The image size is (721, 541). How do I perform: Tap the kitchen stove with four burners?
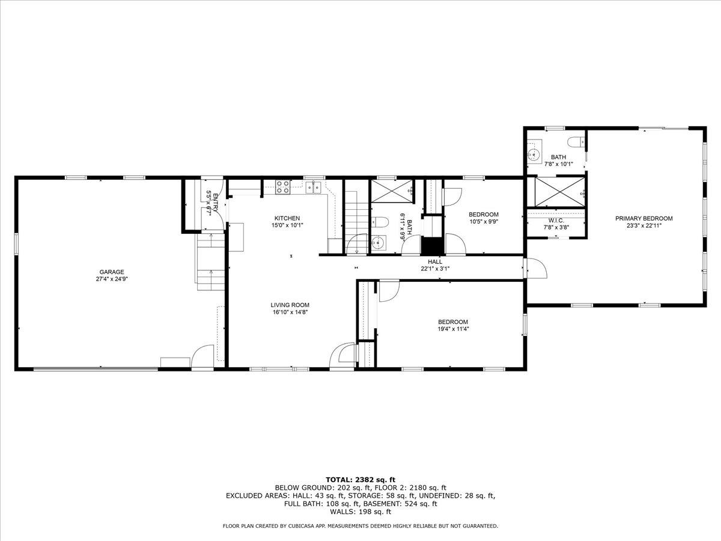pos(282,187)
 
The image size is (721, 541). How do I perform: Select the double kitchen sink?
pos(312,188)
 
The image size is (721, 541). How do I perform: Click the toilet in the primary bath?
pos(577,142)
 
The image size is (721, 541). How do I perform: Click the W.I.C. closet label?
pos(555,220)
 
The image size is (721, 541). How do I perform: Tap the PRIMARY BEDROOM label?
pos(643,218)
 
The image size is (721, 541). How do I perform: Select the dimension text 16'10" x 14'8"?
pos(290,312)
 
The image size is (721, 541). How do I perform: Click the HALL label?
pos(435,261)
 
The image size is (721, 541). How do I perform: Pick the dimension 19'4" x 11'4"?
pos(452,329)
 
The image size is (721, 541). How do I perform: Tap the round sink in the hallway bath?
pos(377,243)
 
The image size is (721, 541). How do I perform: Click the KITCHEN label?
pos(287,218)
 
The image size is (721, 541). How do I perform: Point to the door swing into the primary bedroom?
pos(536,269)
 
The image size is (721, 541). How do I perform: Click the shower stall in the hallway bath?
pos(391,192)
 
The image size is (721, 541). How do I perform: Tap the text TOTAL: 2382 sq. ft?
pos(360,480)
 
